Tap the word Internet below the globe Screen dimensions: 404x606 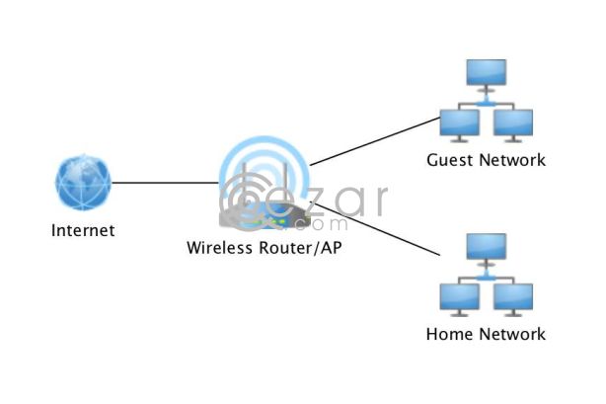[x=83, y=231]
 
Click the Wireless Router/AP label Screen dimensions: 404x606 [x=265, y=248]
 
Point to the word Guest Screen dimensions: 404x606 [x=448, y=160]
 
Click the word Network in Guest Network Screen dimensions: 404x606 [x=510, y=160]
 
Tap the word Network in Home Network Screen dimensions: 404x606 [x=511, y=334]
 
